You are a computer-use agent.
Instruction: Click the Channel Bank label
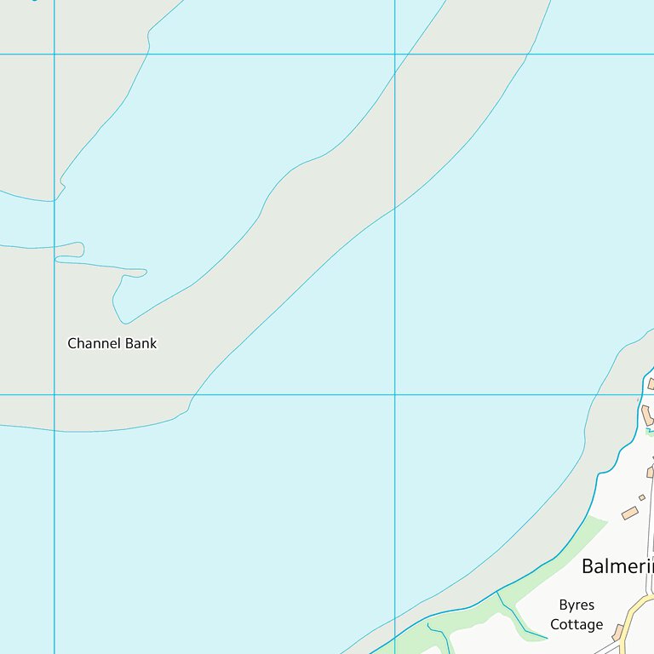point(112,344)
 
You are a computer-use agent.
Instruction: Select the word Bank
point(141,344)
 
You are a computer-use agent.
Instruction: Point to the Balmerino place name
point(617,566)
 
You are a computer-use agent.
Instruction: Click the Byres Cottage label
point(577,615)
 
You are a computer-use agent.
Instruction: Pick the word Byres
point(577,605)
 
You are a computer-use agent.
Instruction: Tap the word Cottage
point(577,625)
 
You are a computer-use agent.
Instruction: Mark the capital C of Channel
point(72,344)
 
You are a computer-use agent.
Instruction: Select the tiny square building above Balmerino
point(642,497)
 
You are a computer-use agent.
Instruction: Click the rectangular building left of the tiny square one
point(630,513)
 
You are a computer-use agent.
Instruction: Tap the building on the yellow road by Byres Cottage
point(618,632)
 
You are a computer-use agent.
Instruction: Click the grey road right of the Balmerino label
point(651,545)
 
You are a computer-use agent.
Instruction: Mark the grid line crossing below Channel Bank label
point(54,394)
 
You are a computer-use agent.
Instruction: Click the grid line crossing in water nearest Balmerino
point(395,394)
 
